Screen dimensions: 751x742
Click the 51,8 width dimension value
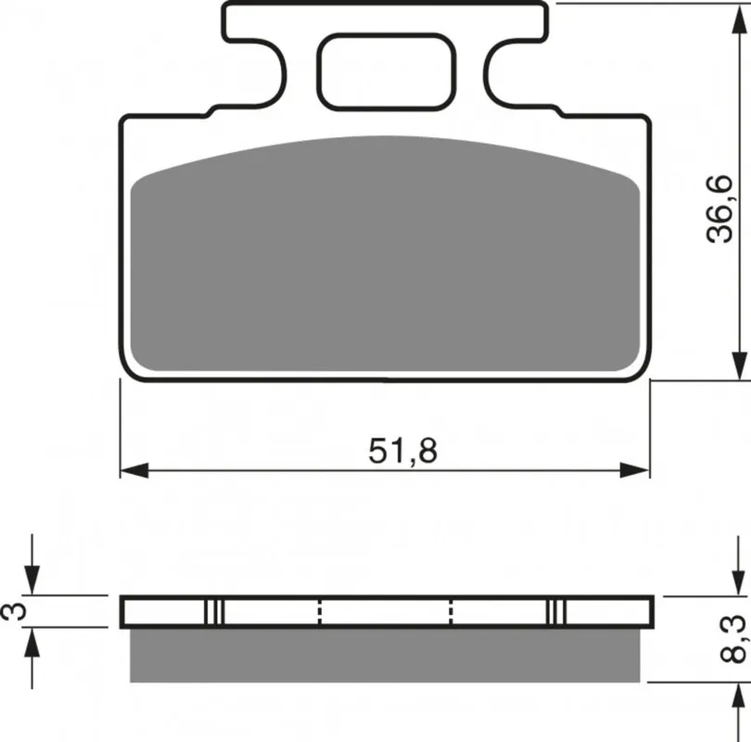(x=402, y=451)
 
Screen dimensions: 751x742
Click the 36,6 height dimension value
(x=720, y=210)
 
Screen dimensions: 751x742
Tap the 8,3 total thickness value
(x=732, y=639)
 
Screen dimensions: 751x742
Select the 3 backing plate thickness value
(x=13, y=612)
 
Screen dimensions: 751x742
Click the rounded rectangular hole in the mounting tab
(x=386, y=71)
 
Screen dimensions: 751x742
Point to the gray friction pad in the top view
(x=385, y=254)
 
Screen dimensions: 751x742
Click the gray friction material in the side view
(x=385, y=655)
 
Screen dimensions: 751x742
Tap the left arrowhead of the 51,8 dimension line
(x=134, y=470)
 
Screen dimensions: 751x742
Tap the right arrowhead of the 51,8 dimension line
(x=634, y=470)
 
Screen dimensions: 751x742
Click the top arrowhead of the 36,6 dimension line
(x=739, y=19)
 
